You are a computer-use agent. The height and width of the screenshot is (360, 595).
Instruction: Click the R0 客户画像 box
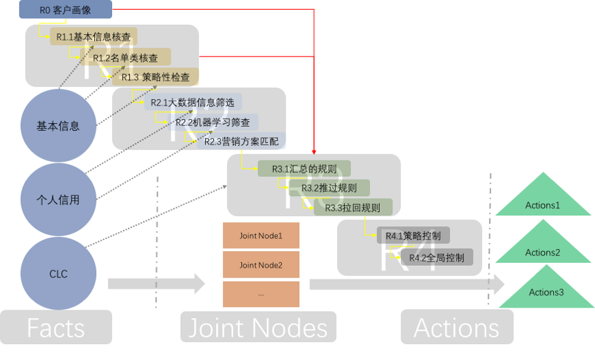(65, 10)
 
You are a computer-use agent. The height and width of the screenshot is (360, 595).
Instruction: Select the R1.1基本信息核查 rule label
(92, 36)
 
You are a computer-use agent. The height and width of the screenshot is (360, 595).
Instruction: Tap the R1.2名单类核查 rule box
(125, 58)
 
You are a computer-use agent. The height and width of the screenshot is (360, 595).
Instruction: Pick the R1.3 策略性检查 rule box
(155, 77)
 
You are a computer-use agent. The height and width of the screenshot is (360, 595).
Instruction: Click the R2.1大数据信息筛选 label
(192, 103)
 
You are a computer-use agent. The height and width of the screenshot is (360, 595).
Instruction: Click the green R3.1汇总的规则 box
(303, 169)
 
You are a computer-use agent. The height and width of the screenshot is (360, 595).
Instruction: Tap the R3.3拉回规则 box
(352, 207)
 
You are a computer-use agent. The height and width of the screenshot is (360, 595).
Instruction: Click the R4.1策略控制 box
(413, 236)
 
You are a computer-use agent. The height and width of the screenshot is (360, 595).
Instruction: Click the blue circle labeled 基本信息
(58, 126)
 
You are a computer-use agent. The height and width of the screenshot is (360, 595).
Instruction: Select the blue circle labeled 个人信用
(58, 200)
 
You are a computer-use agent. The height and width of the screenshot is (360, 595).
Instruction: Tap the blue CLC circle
(58, 273)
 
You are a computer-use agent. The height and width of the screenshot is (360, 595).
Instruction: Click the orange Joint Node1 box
(261, 235)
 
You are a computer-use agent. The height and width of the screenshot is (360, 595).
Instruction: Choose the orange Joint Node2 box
(261, 264)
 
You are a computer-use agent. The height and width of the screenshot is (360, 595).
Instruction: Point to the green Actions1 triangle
(543, 200)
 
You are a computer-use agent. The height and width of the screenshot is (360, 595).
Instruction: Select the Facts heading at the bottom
(56, 328)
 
